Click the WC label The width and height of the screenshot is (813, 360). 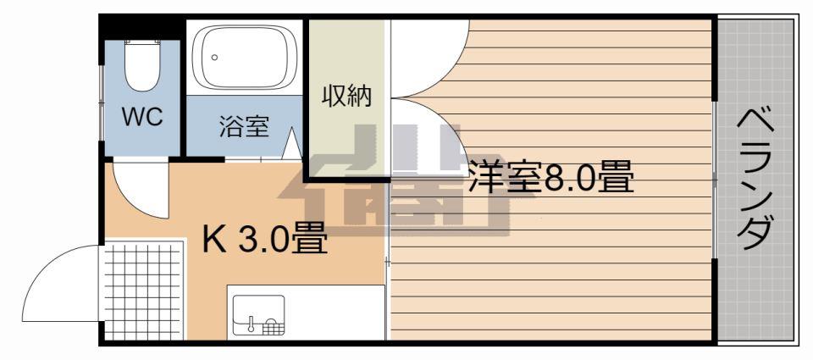pos(142,117)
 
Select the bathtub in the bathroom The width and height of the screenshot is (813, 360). pos(245,57)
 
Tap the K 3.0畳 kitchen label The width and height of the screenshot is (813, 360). pos(264,238)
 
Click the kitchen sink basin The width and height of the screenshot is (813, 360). pos(258,315)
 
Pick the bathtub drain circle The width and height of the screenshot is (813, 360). pos(214,57)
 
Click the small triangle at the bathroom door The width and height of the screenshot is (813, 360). pos(293,144)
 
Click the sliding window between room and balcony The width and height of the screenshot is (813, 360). pos(715,180)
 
